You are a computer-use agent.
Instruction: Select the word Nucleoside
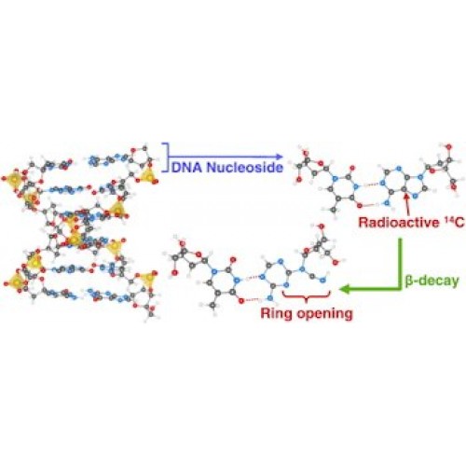pos(245,168)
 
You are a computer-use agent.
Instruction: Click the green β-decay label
pos(432,281)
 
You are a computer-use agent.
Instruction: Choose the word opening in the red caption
pos(324,314)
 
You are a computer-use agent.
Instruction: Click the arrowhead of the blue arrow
pos(280,157)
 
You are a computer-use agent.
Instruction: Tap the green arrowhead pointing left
pos(345,289)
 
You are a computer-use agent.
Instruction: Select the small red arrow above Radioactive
pos(406,204)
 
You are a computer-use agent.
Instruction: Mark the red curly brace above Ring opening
pos(306,296)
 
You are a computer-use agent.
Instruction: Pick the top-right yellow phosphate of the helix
pos(148,176)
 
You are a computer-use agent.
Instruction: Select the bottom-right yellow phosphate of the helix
pos(147,280)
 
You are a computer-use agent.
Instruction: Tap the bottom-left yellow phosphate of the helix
pos(15,281)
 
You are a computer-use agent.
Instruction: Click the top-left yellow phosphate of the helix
pos(14,179)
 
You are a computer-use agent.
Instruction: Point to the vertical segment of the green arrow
pos(400,264)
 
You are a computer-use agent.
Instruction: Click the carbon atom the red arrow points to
pos(404,188)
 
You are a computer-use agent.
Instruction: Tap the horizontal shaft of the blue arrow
pos(223,157)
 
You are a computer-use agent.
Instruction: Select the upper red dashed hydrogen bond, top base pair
pos(369,185)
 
